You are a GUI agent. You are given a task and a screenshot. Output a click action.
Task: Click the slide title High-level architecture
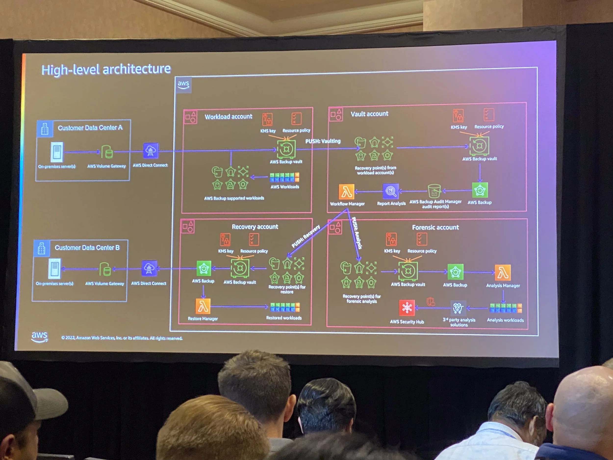pyautogui.click(x=106, y=69)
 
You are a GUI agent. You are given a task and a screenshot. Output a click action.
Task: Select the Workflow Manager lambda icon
pyautogui.click(x=346, y=192)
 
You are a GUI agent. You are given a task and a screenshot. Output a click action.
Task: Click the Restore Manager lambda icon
pyautogui.click(x=203, y=306)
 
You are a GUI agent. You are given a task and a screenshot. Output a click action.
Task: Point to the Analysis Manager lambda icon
pyautogui.click(x=503, y=273)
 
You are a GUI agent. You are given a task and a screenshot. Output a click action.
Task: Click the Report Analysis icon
pyautogui.click(x=391, y=191)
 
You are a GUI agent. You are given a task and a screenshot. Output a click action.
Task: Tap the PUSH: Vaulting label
pyautogui.click(x=323, y=141)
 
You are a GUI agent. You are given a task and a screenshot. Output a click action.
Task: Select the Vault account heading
pyautogui.click(x=370, y=114)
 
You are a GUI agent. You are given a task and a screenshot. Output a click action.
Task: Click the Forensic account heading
pyautogui.click(x=435, y=227)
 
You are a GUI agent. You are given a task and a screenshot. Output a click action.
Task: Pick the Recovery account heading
pyautogui.click(x=255, y=226)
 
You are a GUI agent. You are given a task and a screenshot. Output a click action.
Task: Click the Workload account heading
pyautogui.click(x=228, y=117)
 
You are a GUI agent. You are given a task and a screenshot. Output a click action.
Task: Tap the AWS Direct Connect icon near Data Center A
pyautogui.click(x=151, y=151)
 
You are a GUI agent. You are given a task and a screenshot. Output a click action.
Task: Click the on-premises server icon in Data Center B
pyautogui.click(x=54, y=268)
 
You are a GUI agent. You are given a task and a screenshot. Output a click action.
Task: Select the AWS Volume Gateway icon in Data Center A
pyautogui.click(x=107, y=152)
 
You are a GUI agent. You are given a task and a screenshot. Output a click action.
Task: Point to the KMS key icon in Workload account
pyautogui.click(x=268, y=119)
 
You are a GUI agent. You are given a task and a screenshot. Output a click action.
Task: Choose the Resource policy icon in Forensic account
pyautogui.click(x=422, y=239)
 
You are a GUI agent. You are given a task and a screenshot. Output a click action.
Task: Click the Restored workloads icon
pyautogui.click(x=285, y=307)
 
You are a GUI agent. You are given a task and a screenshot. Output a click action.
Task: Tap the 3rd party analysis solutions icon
pyautogui.click(x=458, y=308)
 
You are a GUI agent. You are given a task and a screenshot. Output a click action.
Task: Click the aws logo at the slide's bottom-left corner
pyautogui.click(x=39, y=337)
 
